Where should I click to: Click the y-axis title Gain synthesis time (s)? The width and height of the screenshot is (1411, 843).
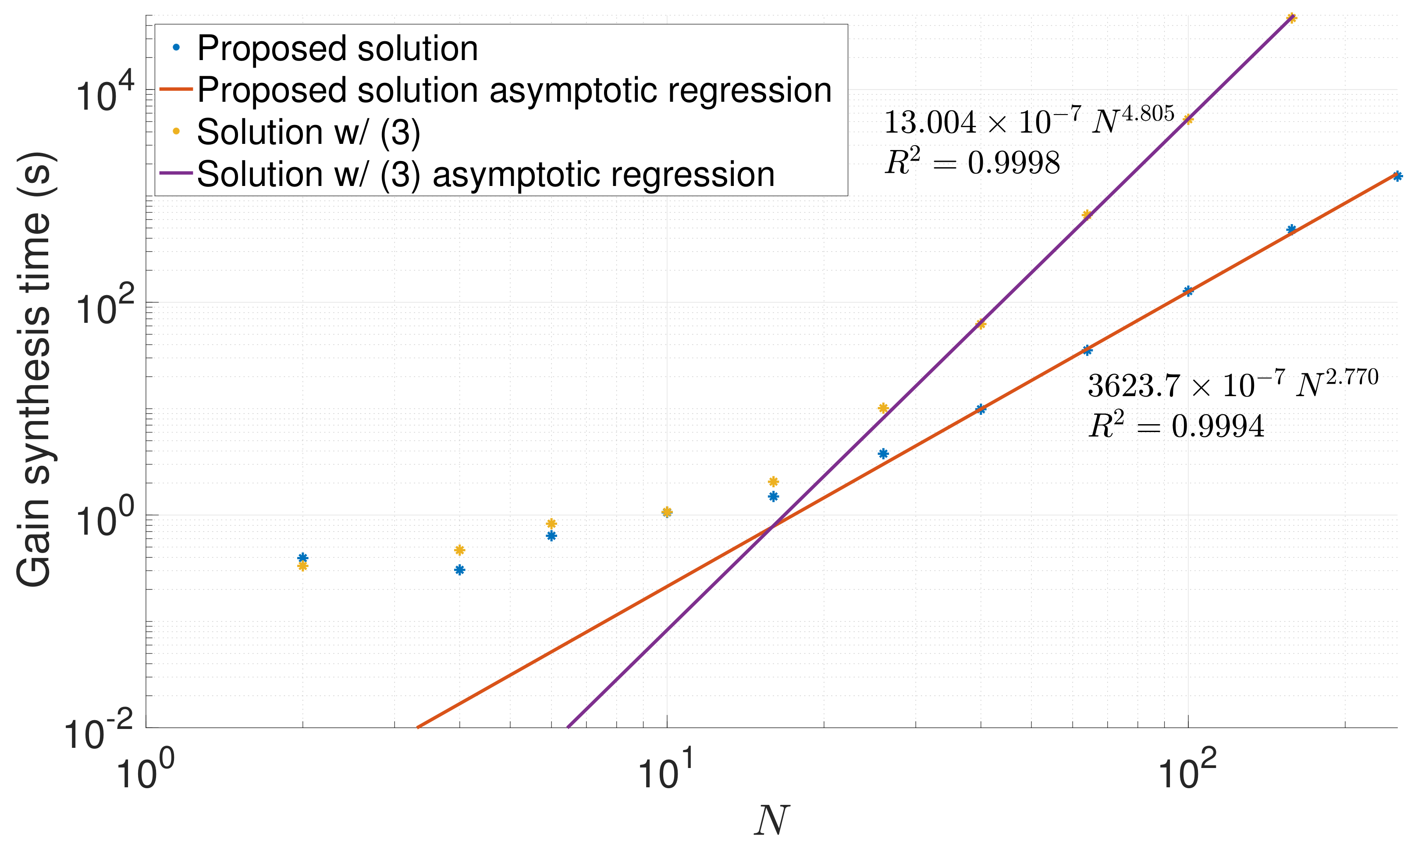[35, 369]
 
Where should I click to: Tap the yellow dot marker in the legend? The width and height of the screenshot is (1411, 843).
[177, 131]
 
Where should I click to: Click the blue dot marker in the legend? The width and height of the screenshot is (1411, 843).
[177, 48]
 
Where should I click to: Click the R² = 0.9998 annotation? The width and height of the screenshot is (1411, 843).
[972, 163]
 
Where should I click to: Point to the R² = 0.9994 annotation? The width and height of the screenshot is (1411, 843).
[1176, 426]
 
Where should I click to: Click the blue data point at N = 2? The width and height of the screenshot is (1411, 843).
[302, 558]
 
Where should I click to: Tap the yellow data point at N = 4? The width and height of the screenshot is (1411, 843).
[460, 550]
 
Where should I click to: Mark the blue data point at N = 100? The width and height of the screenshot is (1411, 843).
[1188, 291]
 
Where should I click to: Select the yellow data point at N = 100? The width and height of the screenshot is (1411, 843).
[1188, 119]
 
